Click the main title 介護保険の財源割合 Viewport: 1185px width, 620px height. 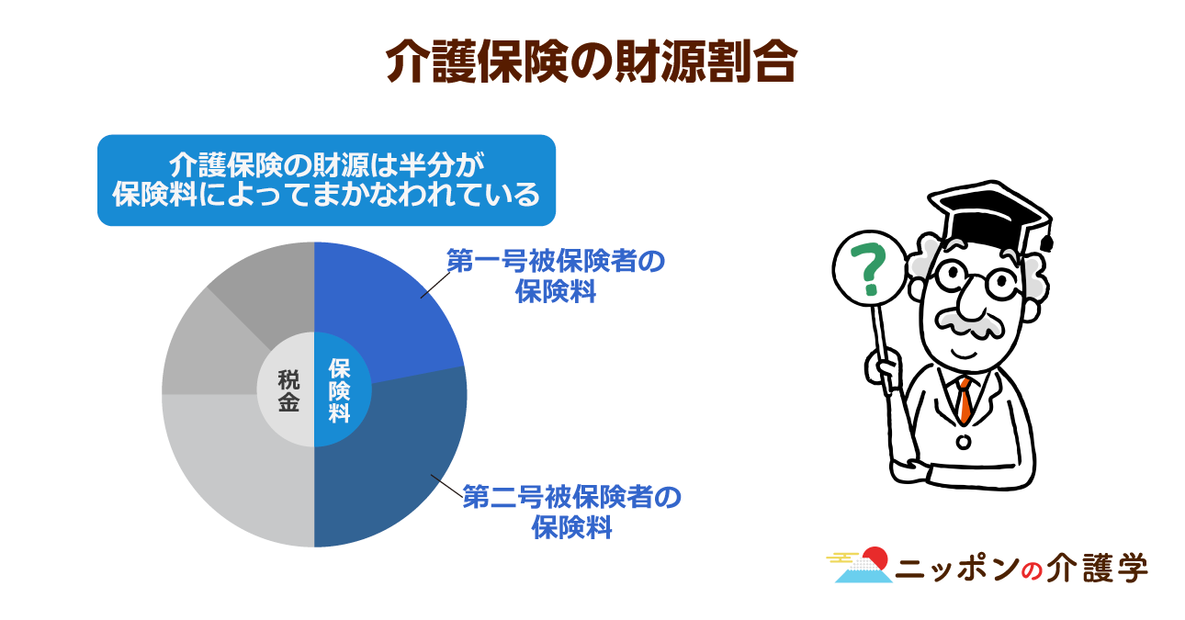pyautogui.click(x=592, y=62)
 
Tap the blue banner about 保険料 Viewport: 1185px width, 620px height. pyautogui.click(x=326, y=180)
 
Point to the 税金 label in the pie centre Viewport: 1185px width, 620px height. pyautogui.click(x=288, y=390)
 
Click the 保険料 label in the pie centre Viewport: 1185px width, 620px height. pyautogui.click(x=339, y=390)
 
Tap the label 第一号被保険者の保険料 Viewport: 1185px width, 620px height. pyautogui.click(x=556, y=276)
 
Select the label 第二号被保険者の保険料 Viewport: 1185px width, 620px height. pyautogui.click(x=572, y=512)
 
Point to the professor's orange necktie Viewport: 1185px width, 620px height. pyautogui.click(x=965, y=400)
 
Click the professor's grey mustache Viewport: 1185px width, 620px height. pyautogui.click(x=969, y=323)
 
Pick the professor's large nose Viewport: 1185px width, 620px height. pyautogui.click(x=972, y=301)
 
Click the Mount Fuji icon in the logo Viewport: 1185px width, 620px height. pyautogui.click(x=863, y=566)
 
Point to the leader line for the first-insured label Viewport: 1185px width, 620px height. pyautogui.click(x=434, y=285)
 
